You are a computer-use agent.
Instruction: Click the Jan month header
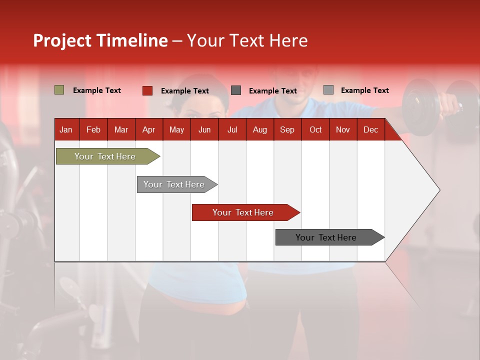[66, 129]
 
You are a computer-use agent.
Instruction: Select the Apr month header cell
[148, 129]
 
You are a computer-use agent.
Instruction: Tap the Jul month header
[232, 129]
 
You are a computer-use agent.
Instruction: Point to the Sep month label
[287, 129]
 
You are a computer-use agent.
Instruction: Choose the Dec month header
[370, 129]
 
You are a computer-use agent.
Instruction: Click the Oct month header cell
[315, 129]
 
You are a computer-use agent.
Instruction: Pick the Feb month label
[93, 129]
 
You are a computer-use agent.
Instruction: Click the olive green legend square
[59, 90]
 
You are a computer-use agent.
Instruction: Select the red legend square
[147, 90]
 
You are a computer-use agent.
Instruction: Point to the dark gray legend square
[236, 90]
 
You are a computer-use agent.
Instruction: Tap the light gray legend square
[328, 90]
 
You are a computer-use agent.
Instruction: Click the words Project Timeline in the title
[100, 40]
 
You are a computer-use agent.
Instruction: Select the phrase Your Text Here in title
[247, 40]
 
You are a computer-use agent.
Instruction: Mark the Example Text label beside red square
[184, 91]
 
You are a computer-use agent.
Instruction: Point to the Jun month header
[204, 129]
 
